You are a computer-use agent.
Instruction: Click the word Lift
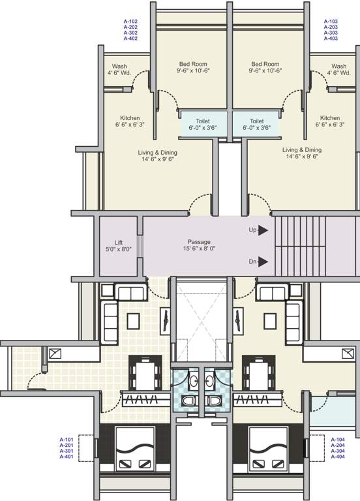pos(118,241)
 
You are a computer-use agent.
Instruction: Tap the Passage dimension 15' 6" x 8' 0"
pos(200,249)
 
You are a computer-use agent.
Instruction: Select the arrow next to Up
pos(263,230)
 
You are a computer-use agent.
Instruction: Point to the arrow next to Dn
pos(263,262)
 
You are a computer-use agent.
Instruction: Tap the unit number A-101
pos(67,439)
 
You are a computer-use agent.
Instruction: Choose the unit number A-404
pos(338,457)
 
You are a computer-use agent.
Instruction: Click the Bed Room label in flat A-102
pos(192,65)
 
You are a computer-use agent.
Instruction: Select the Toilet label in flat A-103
pos(256,121)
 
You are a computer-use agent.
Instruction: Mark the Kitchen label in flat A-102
pos(130,117)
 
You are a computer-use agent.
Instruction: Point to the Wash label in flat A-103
pos(338,66)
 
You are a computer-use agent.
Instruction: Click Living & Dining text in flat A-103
pos(301,149)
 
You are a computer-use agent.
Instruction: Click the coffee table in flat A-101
pos(133,321)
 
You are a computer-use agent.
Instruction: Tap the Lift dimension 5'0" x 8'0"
pos(118,249)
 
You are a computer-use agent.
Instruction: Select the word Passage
pos(200,241)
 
